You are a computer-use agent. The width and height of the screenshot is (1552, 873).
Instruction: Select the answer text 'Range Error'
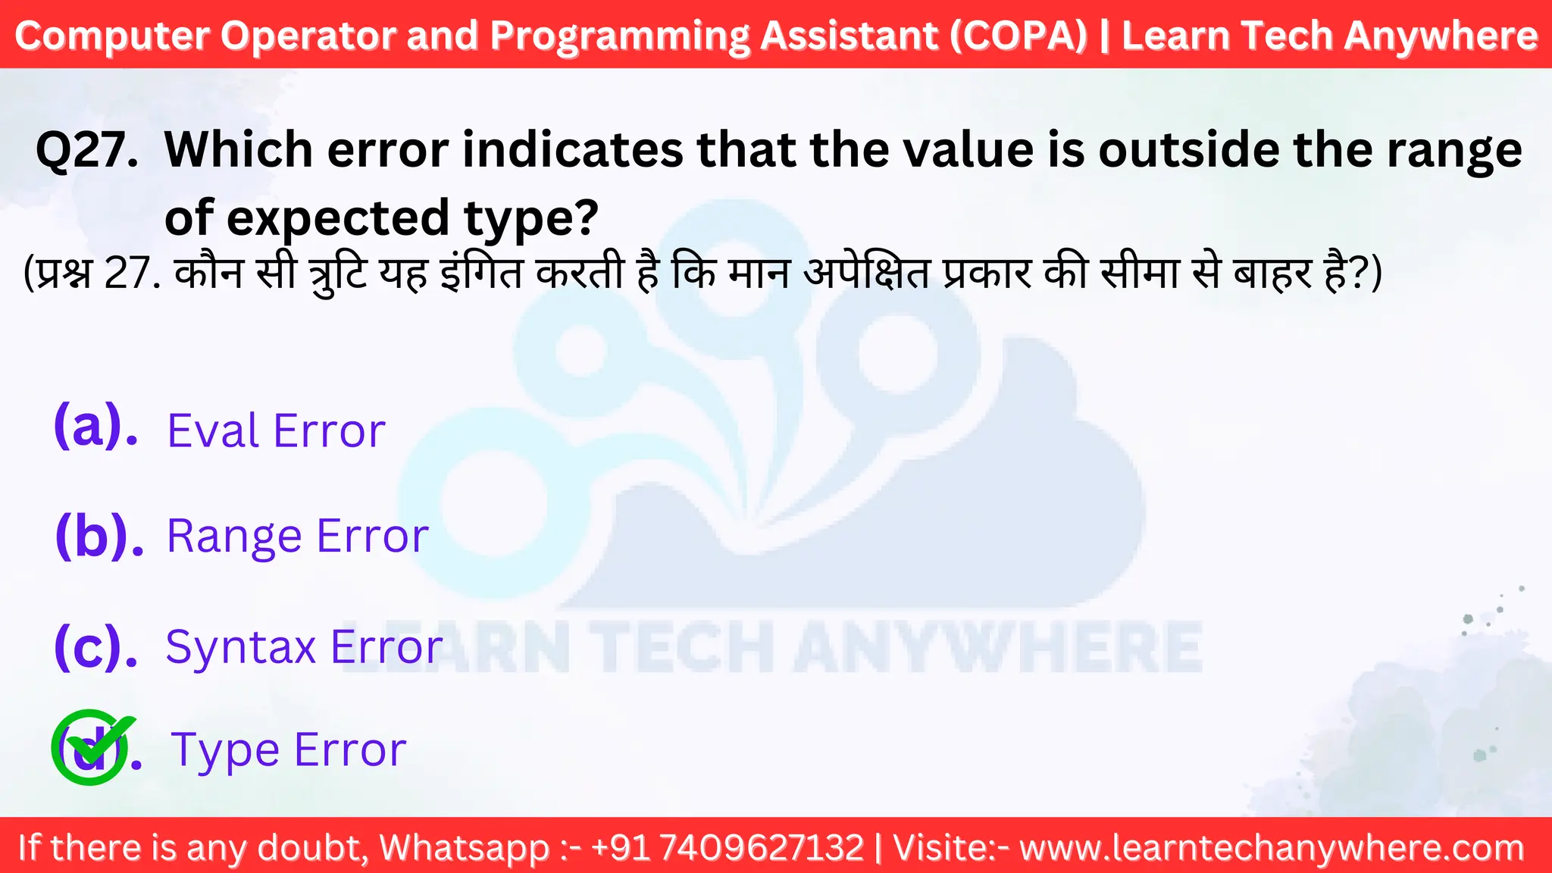click(297, 537)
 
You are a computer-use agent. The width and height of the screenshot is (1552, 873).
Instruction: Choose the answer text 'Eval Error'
click(276, 431)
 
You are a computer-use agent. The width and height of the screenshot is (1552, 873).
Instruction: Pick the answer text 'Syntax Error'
click(304, 647)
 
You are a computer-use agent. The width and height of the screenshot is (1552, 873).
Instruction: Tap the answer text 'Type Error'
click(289, 749)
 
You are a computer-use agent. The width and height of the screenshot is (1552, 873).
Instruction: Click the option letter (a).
click(95, 427)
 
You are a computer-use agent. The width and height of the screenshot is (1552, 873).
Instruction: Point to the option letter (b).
click(99, 536)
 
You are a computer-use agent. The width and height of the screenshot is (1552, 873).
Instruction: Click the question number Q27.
click(87, 150)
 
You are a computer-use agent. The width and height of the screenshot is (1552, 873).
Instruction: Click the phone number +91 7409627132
click(727, 847)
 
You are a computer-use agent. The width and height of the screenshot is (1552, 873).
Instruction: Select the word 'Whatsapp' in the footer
click(464, 847)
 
